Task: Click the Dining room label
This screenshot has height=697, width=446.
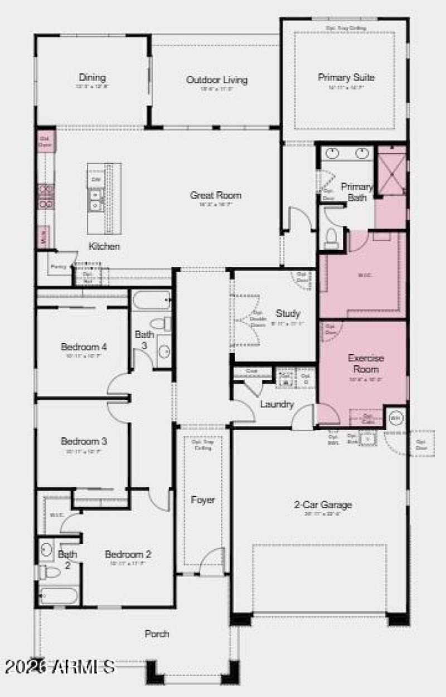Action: pos(92,78)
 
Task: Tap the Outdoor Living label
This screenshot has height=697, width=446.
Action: pos(217,80)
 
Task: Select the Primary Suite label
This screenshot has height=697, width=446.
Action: pos(346,78)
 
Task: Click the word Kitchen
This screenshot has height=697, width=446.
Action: pos(104,246)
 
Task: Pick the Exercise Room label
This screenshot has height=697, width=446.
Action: pos(363,364)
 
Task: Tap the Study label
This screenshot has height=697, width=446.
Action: pos(288,313)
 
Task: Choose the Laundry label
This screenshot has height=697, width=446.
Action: pos(277,405)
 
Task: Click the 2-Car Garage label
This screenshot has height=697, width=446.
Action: pos(323,505)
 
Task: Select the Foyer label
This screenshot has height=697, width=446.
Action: pos(203,500)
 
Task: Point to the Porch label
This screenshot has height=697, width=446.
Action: pos(157,634)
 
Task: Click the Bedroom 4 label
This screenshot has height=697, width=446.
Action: pos(84,347)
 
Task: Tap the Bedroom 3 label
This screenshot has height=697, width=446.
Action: pos(84,442)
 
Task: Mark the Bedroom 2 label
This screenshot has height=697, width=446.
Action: pos(128,555)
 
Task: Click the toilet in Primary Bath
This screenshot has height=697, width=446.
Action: pos(331,238)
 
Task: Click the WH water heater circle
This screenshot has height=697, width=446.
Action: pos(395,417)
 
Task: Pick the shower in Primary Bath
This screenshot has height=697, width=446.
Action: pos(390,170)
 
